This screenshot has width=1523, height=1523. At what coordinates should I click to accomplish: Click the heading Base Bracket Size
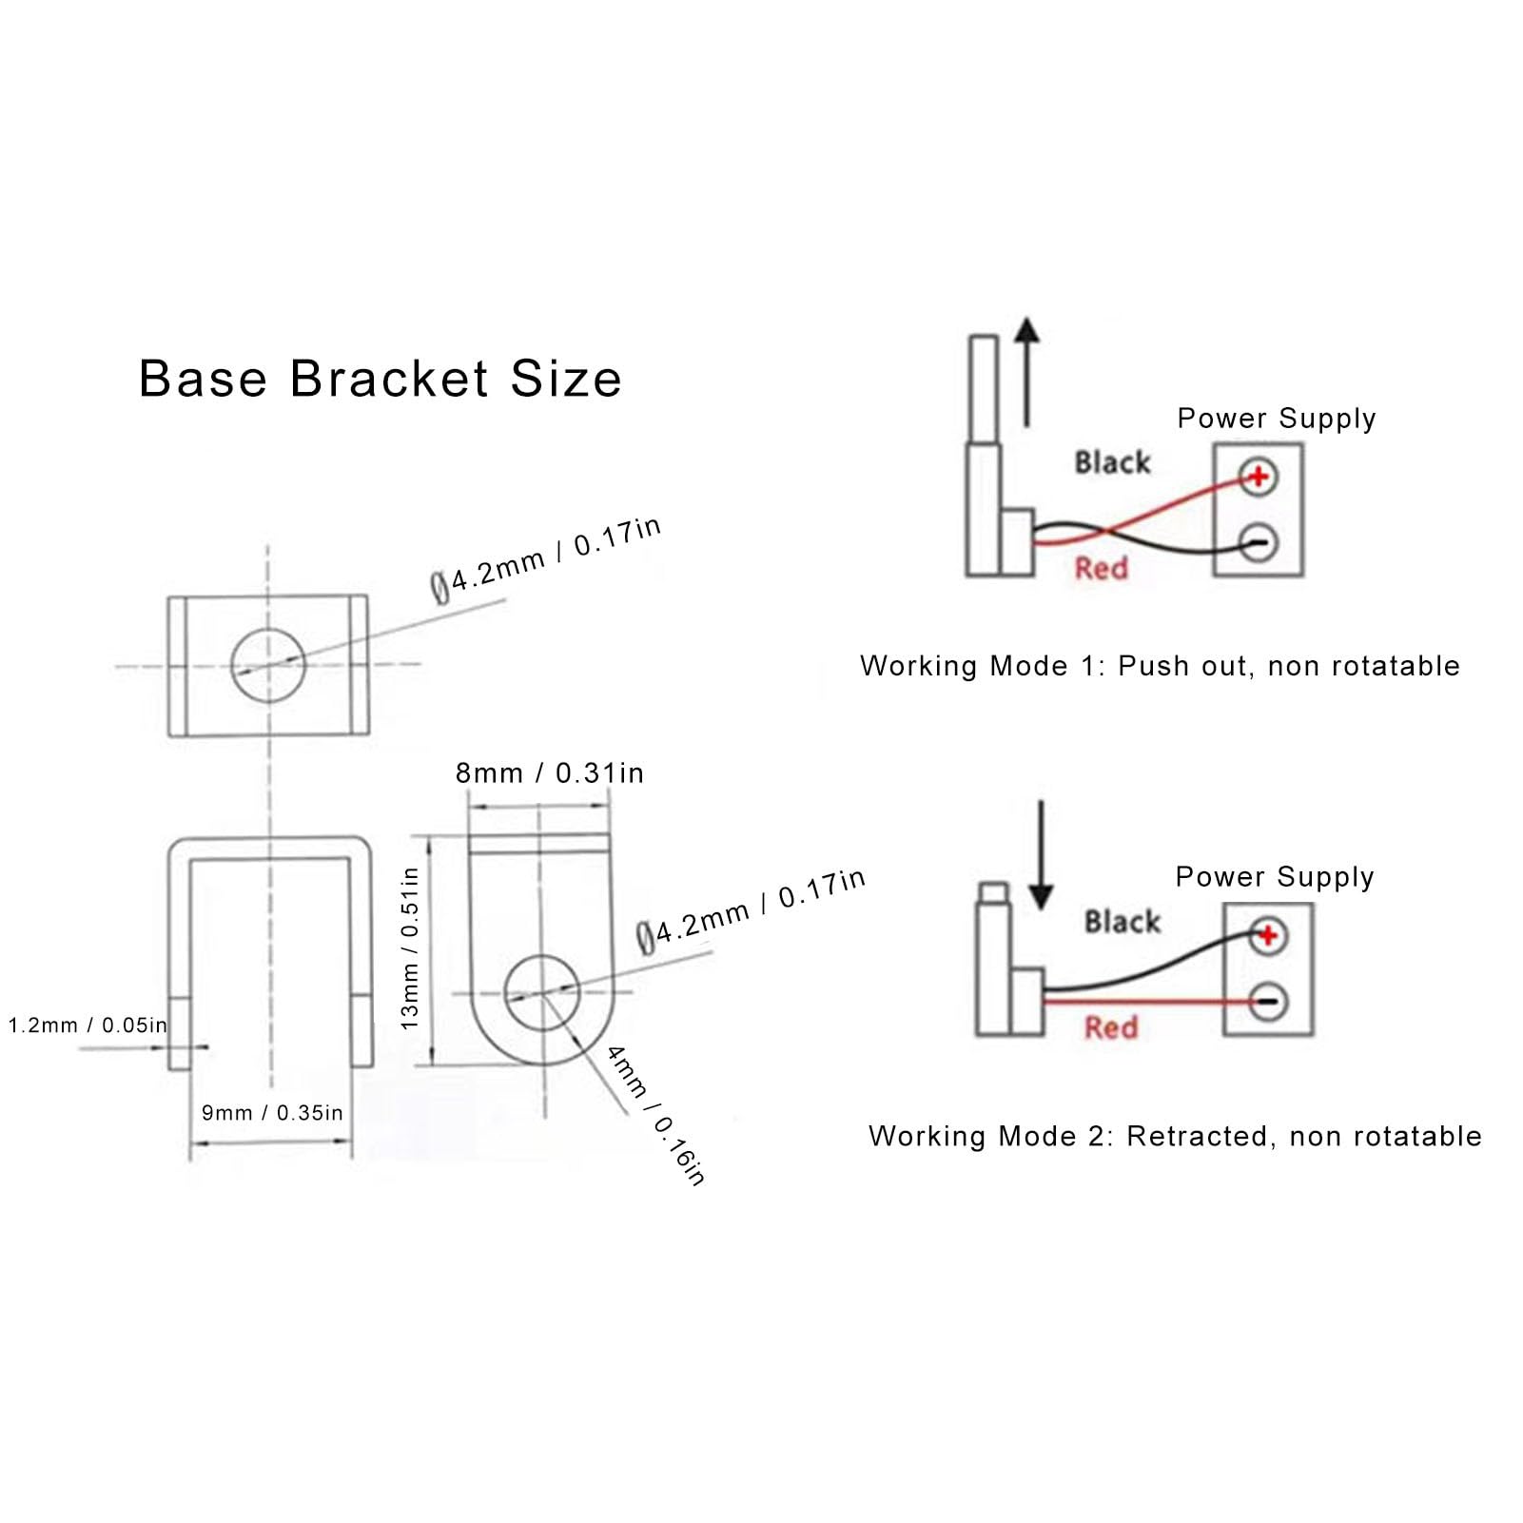(x=380, y=379)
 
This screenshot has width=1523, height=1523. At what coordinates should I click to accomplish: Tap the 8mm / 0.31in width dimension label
(x=549, y=773)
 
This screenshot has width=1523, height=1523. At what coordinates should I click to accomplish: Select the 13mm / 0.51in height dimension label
(x=410, y=948)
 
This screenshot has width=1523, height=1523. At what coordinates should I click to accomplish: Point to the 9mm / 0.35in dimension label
(x=272, y=1113)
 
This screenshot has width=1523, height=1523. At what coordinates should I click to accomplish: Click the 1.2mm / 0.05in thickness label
(x=88, y=1025)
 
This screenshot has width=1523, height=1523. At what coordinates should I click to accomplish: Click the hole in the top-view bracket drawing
(x=268, y=664)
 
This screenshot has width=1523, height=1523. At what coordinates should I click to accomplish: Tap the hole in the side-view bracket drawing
(x=541, y=993)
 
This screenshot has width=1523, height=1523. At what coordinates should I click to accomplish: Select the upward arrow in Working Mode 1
(x=1026, y=371)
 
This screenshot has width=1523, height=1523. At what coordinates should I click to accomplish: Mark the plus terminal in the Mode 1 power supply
(x=1259, y=476)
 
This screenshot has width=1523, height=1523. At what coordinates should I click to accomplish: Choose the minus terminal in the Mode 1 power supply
(x=1259, y=543)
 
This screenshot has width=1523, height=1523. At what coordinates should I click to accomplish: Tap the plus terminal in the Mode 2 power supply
(x=1268, y=935)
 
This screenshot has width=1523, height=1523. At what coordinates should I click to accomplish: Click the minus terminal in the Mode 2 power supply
(x=1268, y=1002)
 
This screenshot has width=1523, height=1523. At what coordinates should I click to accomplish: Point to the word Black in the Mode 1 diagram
(x=1112, y=463)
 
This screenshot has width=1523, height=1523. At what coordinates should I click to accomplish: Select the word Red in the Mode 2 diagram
(x=1111, y=1027)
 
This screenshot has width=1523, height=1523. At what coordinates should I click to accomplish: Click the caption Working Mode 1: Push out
(x=1160, y=666)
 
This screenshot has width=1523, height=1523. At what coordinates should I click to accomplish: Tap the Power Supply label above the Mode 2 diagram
(x=1275, y=877)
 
